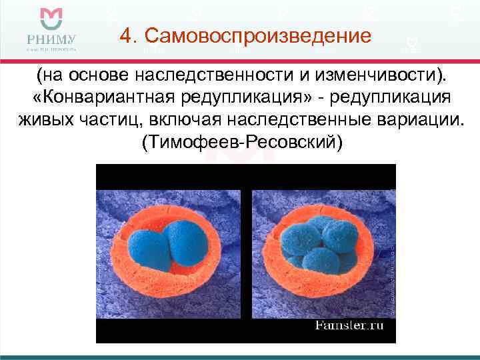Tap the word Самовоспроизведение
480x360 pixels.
point(256,35)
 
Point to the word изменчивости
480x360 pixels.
point(383,75)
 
